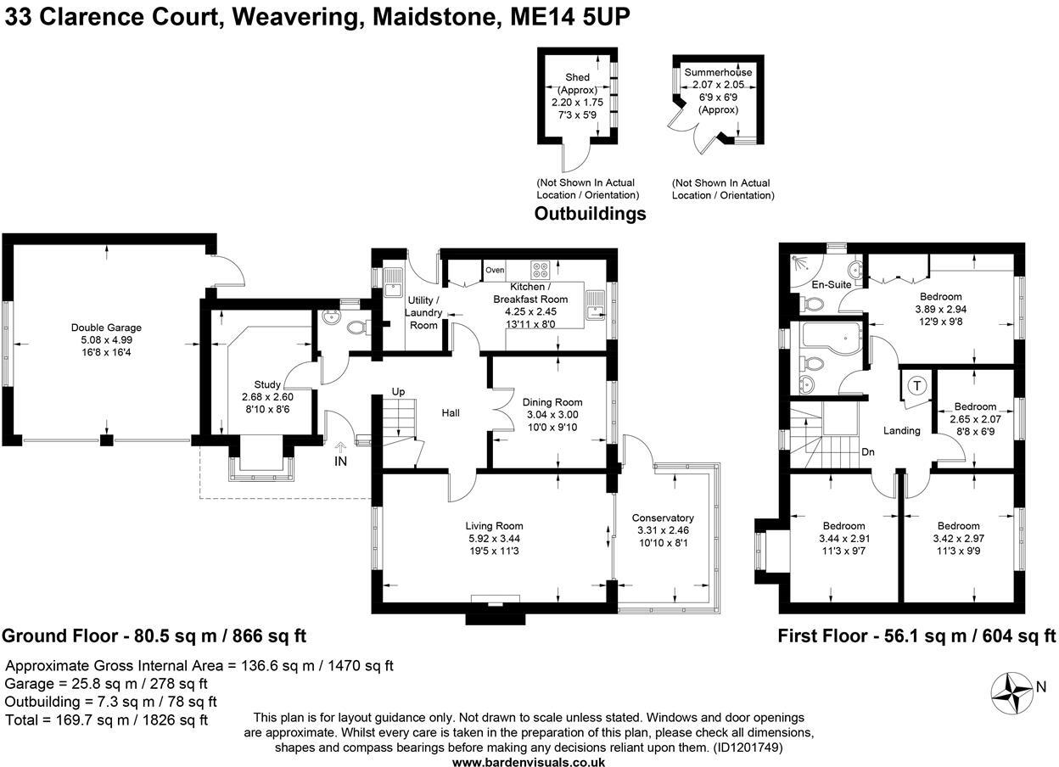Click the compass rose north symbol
point(1014,686)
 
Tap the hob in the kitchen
point(541,270)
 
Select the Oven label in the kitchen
point(495,271)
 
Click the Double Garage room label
point(106,328)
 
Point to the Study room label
point(267,384)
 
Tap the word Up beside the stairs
point(398,392)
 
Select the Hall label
point(451,413)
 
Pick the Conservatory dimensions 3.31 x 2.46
point(664,530)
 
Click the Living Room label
point(496,525)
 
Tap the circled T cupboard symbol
point(916,386)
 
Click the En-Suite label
point(832,284)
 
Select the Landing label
point(901,430)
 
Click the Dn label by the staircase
point(868,452)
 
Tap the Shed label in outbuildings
point(577,77)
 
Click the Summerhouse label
point(718,72)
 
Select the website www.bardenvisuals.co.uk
point(529,762)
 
